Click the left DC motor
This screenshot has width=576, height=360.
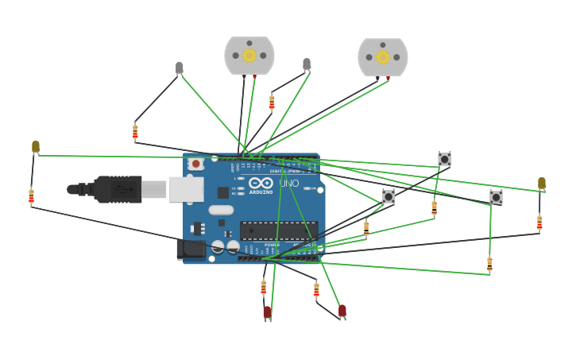coord(249,55)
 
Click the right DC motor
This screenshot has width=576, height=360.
coord(383,56)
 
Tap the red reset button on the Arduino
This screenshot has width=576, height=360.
coord(195,164)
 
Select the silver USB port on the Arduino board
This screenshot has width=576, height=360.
coord(186,188)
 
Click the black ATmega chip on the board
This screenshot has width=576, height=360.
coord(279,230)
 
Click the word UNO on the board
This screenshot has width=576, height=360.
coord(288,184)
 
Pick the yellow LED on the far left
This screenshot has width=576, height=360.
coord(35,146)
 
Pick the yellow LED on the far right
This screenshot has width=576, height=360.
coord(542,183)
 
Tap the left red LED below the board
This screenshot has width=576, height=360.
coord(267,312)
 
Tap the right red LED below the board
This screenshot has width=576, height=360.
coord(342,310)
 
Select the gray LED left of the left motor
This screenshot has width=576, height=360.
coord(180,68)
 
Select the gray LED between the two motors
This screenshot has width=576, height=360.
coord(307,64)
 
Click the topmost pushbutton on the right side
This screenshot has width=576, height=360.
coord(444,159)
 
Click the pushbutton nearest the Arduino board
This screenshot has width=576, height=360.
coord(389,195)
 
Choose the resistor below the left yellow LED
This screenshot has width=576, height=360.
coord(31,195)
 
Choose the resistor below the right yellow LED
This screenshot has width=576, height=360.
coord(539,223)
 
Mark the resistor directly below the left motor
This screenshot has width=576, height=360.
coord(272,103)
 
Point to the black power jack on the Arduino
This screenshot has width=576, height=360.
coord(191,249)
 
